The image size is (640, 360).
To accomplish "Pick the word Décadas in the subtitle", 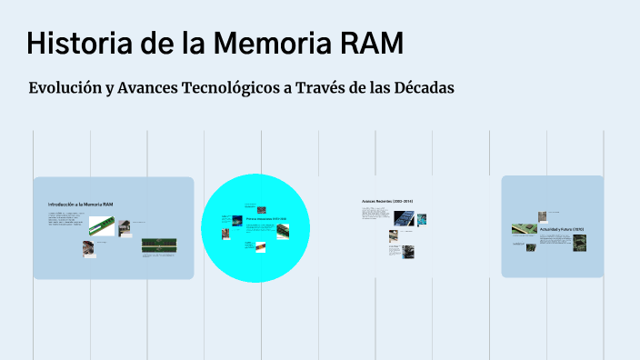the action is [x=420, y=88].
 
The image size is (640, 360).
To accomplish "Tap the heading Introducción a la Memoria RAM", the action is [x=81, y=205].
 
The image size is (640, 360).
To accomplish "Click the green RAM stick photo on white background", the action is [x=101, y=225].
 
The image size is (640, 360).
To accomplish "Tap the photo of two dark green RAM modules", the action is [x=158, y=245].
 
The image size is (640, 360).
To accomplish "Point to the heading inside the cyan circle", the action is [x=266, y=219].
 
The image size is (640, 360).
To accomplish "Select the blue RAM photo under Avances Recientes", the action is [x=403, y=218].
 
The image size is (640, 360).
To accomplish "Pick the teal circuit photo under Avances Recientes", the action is [x=422, y=219].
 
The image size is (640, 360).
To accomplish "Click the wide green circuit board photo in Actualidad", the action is [x=523, y=229].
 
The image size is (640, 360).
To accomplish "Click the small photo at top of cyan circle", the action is [x=262, y=210].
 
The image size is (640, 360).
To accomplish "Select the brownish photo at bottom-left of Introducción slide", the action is [x=89, y=246].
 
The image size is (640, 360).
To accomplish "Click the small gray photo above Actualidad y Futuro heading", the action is [x=543, y=216].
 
